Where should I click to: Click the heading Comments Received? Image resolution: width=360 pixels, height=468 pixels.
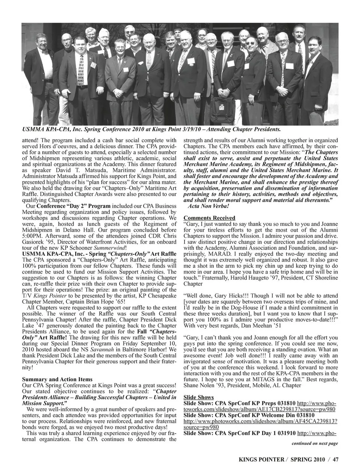[x=209, y=218]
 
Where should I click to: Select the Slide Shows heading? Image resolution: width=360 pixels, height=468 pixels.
[x=198, y=397]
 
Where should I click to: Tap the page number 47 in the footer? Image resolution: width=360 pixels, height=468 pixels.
[x=335, y=458]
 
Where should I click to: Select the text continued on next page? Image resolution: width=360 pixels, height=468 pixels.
[x=315, y=443]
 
